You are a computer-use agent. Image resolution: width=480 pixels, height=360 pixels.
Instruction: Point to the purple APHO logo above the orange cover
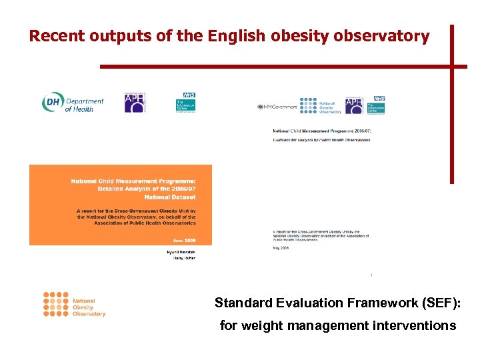[x=136, y=103]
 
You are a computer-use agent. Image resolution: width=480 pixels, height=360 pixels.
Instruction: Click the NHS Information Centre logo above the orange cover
[x=185, y=103]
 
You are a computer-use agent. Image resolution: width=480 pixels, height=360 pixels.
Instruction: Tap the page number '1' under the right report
[x=371, y=275]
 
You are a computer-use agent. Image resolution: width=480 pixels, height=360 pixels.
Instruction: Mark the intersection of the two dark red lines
[x=451, y=67]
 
